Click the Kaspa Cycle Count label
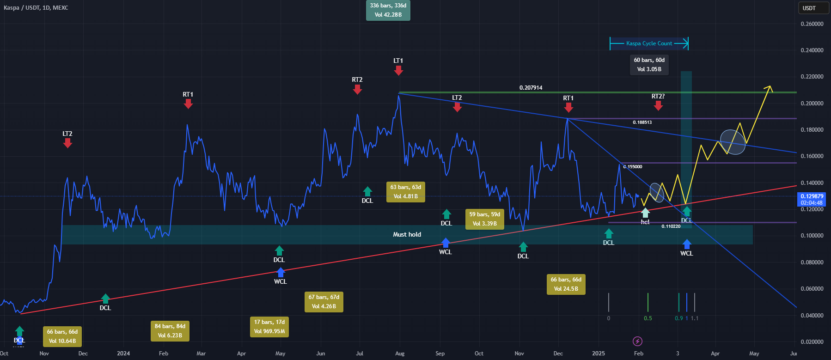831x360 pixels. (x=649, y=43)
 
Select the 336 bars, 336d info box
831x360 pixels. (x=388, y=10)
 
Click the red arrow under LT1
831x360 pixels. (x=398, y=70)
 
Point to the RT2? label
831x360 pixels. (x=658, y=97)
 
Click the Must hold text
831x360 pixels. (x=407, y=234)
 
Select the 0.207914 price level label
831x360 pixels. (x=531, y=88)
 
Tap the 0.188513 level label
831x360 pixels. (x=642, y=122)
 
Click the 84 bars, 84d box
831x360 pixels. (x=170, y=331)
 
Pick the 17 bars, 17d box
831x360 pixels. (x=269, y=327)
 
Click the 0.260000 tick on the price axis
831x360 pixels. (x=812, y=24)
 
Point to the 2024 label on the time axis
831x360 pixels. (x=123, y=354)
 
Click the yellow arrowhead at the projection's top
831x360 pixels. (x=769, y=87)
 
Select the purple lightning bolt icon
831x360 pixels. (x=637, y=342)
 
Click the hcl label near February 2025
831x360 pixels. (x=645, y=222)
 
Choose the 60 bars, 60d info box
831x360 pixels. (x=649, y=65)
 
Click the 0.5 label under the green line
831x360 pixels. (x=648, y=318)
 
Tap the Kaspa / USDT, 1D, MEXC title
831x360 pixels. (x=36, y=8)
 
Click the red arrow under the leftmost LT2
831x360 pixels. (x=67, y=143)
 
